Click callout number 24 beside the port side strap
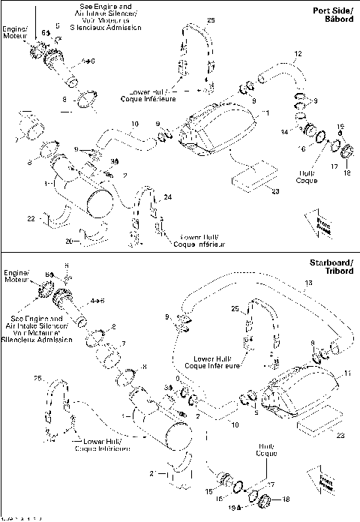[167, 196]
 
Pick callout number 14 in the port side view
[283, 131]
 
